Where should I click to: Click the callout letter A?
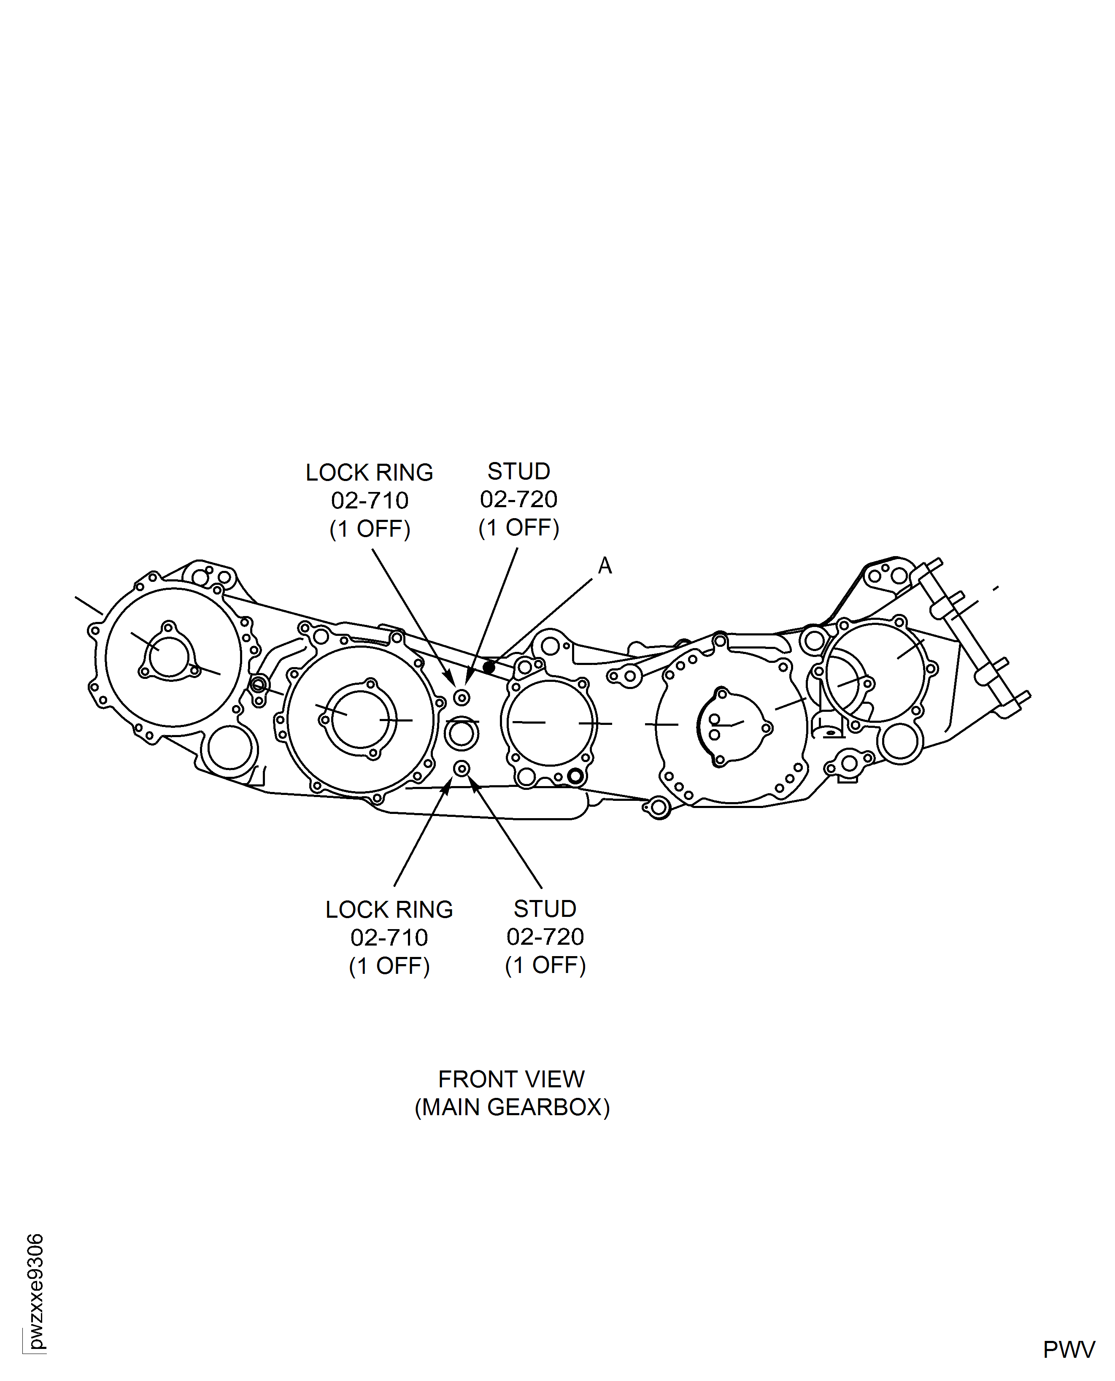(605, 566)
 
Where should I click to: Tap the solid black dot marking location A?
(489, 668)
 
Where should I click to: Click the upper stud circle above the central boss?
(462, 697)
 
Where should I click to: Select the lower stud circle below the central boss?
(462, 769)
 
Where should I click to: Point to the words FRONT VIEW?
(511, 1080)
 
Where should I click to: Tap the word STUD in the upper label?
(518, 471)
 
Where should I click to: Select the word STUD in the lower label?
(545, 909)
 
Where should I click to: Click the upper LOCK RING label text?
(369, 473)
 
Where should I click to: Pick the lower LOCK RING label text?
(389, 910)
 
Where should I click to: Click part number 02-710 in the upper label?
(370, 500)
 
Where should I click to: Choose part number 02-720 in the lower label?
(545, 937)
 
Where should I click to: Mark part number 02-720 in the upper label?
(519, 500)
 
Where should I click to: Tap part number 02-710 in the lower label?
(389, 938)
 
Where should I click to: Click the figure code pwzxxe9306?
(36, 1292)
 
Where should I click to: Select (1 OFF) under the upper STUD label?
(519, 528)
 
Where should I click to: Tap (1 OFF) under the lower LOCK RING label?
(389, 966)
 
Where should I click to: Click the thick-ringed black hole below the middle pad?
(575, 776)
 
